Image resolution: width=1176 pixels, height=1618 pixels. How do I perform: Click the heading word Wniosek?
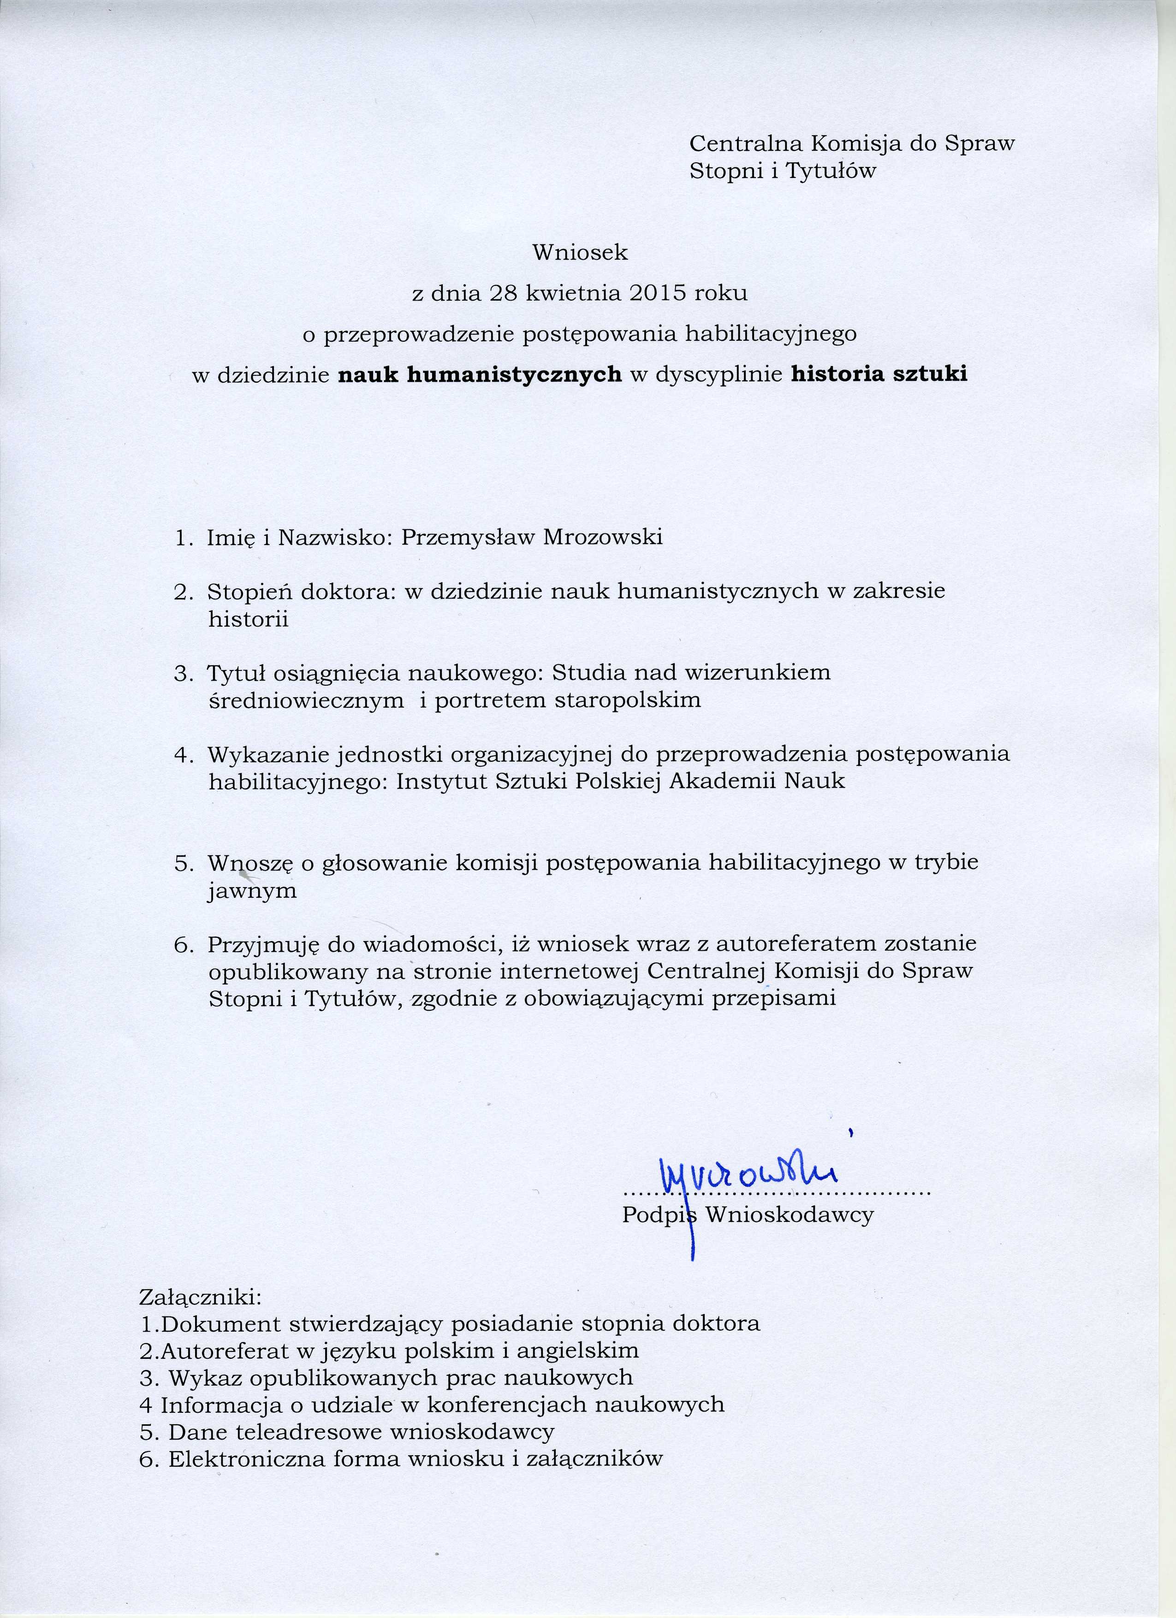(x=580, y=253)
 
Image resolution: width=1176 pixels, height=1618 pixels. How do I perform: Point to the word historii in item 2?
(x=248, y=619)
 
